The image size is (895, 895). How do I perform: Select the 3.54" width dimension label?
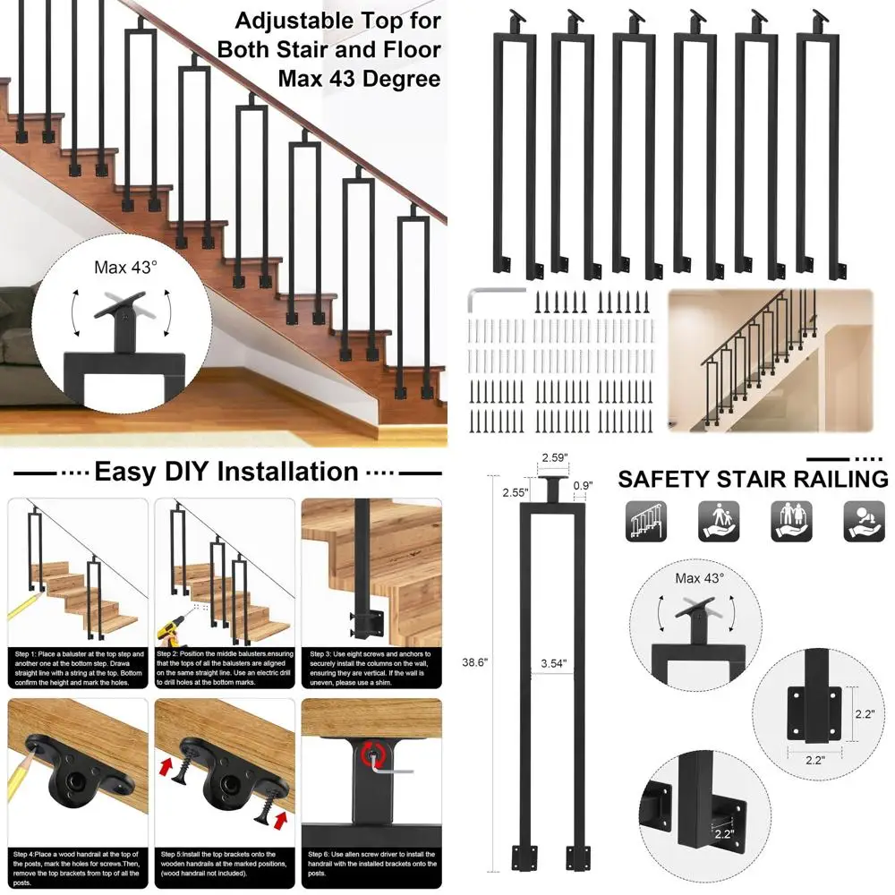pos(555,664)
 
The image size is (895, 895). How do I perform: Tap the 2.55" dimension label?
pos(515,491)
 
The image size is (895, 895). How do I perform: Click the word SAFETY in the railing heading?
pos(664,479)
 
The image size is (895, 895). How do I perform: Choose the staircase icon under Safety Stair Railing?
pos(646,521)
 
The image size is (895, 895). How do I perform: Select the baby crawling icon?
pos(864,521)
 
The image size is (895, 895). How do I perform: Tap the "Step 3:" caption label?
pos(323,654)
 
